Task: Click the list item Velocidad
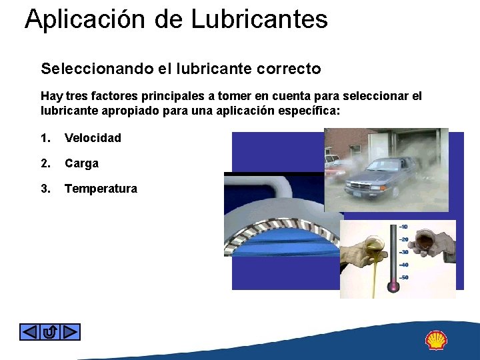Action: coord(93,138)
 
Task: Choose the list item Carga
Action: coord(81,163)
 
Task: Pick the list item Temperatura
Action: coord(101,189)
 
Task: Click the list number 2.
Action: coord(45,163)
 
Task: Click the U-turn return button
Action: coord(50,331)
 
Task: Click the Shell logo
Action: coord(437,340)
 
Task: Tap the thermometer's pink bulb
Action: coord(393,287)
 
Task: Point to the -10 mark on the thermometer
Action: coord(404,227)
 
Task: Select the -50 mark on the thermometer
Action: coord(404,277)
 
